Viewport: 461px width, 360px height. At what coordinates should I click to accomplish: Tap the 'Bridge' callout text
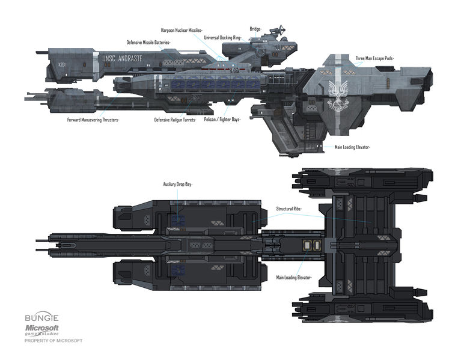coord(255,28)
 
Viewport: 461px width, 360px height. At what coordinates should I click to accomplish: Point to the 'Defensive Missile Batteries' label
coord(148,43)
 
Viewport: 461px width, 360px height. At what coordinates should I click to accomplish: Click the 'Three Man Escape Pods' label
coord(376,58)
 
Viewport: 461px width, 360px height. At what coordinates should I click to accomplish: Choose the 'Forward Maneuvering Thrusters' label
coord(93,120)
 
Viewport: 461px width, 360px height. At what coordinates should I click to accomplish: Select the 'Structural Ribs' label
coord(289,209)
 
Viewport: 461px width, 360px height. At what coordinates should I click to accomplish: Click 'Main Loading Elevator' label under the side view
coord(352,147)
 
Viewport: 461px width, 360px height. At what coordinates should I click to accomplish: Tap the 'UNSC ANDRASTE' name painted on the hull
coord(123,59)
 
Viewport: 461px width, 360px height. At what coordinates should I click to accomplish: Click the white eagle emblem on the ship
coord(337,96)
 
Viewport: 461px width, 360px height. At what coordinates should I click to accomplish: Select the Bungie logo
coord(39,316)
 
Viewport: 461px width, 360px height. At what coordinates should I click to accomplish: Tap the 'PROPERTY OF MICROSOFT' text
coord(53,341)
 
